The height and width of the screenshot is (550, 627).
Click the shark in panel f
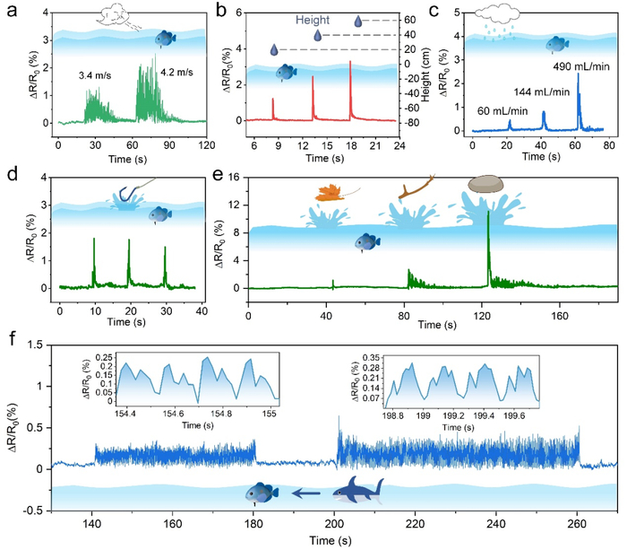(x=356, y=491)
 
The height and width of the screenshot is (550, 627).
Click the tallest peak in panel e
(x=488, y=214)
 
